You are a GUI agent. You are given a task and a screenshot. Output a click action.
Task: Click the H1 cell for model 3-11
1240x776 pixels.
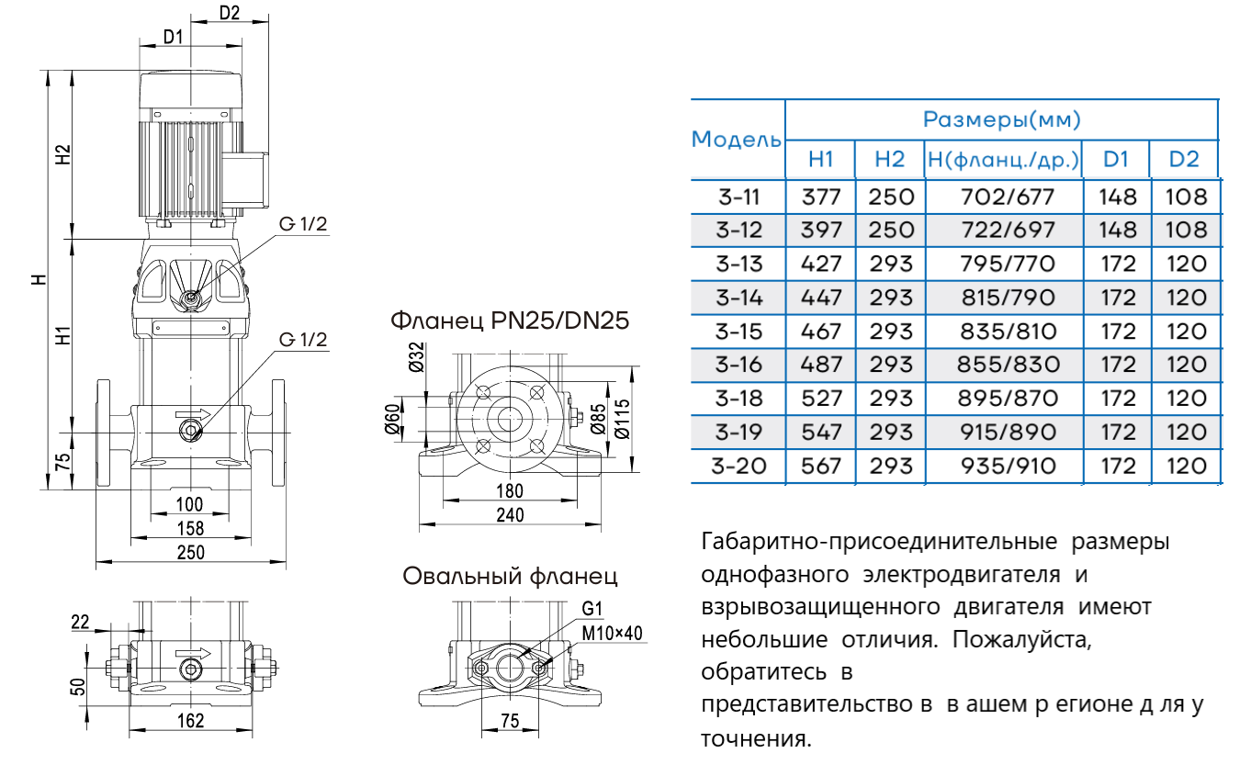click(x=820, y=197)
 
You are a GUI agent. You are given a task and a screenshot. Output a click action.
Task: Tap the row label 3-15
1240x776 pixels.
click(x=738, y=332)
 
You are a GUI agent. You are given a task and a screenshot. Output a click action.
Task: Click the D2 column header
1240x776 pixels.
click(x=1184, y=159)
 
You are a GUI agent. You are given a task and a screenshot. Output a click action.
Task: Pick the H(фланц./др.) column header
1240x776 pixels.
click(x=1003, y=159)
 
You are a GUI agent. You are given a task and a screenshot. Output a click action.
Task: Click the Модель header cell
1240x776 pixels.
click(x=737, y=140)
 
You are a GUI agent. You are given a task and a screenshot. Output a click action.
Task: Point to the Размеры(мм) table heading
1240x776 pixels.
click(x=1001, y=119)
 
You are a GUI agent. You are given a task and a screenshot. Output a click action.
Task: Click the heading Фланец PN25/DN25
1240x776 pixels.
click(x=510, y=321)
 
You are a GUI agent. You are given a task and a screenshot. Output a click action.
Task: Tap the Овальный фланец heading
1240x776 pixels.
click(x=510, y=577)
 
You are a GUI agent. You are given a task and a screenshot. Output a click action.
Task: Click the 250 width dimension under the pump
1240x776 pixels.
click(x=190, y=553)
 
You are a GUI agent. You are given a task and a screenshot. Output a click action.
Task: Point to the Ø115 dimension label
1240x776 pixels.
click(x=623, y=418)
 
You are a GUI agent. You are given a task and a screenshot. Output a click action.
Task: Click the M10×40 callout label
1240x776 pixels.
click(x=613, y=633)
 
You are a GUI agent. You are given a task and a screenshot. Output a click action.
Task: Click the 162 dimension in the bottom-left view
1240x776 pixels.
click(x=190, y=721)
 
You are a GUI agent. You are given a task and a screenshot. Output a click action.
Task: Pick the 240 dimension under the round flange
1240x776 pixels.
click(x=509, y=516)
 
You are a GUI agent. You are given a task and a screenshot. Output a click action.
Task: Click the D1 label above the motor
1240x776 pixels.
click(x=174, y=37)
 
